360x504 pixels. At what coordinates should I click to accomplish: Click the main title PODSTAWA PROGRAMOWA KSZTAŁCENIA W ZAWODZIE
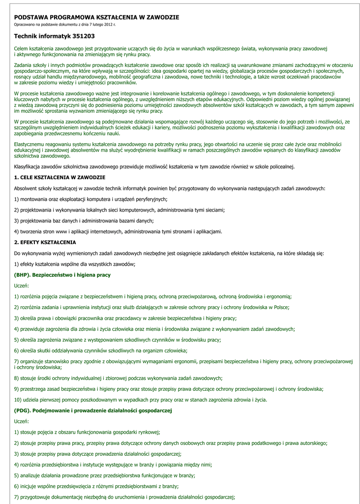(x=96, y=17)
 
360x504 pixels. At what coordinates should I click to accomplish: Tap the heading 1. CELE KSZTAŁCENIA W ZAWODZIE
(x=60, y=177)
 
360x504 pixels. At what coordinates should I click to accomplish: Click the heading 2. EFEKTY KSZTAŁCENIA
(x=45, y=242)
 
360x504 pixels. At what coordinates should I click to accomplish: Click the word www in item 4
(x=67, y=231)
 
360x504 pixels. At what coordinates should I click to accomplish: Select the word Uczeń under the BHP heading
(x=21, y=285)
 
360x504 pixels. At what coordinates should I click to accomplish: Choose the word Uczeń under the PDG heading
(x=21, y=421)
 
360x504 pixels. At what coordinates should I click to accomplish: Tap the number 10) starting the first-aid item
(x=18, y=400)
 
